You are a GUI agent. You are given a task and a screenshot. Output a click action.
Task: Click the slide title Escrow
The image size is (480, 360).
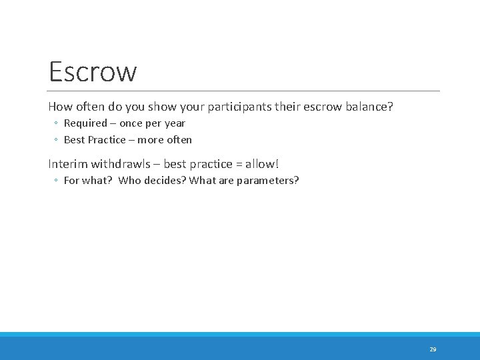click(x=93, y=71)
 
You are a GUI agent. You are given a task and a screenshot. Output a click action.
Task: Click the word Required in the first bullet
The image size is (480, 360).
click(x=85, y=123)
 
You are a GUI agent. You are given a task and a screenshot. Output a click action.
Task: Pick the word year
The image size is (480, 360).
click(x=175, y=123)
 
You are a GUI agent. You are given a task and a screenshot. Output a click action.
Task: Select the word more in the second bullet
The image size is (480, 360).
click(x=150, y=140)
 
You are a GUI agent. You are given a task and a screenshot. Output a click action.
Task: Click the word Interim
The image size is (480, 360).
click(x=68, y=163)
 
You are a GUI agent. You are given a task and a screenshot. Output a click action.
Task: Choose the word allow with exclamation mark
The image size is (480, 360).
click(x=263, y=163)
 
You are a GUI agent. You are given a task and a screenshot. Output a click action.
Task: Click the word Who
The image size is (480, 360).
click(x=130, y=180)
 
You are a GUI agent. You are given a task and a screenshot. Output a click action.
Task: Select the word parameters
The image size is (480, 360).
click(x=266, y=180)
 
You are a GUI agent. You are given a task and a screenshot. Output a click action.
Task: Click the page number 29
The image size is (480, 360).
click(x=433, y=349)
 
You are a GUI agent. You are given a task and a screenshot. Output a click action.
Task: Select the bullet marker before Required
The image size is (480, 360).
click(x=57, y=124)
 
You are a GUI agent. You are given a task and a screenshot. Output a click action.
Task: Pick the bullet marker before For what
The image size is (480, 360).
click(x=57, y=181)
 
